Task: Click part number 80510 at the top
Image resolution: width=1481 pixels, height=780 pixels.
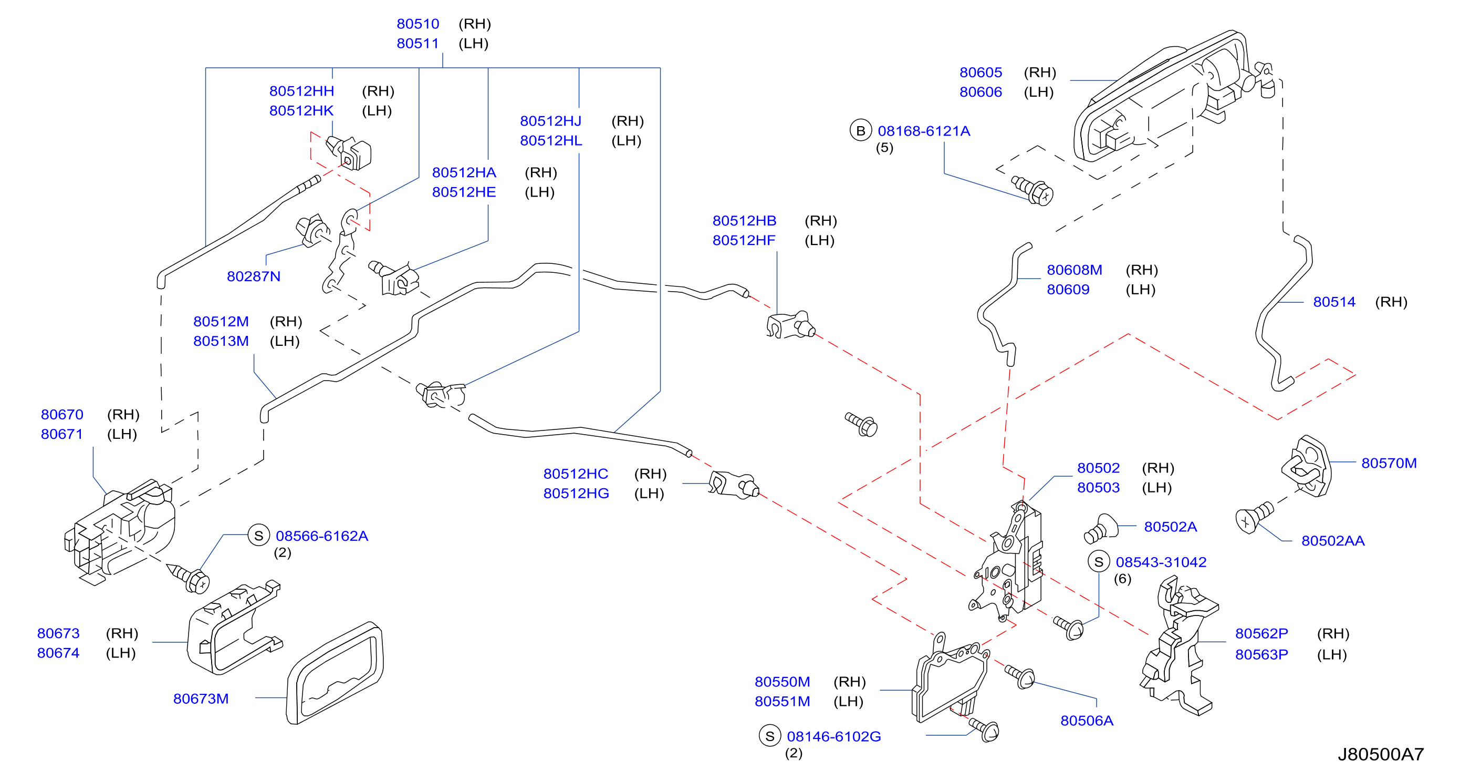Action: pyautogui.click(x=418, y=24)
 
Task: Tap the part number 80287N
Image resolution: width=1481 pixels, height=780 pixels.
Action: pyautogui.click(x=254, y=276)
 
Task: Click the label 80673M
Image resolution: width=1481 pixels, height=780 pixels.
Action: pyautogui.click(x=201, y=699)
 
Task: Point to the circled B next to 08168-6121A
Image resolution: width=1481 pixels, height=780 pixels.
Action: pyautogui.click(x=861, y=131)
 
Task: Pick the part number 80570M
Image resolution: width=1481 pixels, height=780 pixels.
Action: pyautogui.click(x=1389, y=463)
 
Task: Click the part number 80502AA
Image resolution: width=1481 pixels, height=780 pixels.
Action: pyautogui.click(x=1333, y=541)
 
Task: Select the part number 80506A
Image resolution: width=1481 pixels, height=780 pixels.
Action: pyautogui.click(x=1087, y=721)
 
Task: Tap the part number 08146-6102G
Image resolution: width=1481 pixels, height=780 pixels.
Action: pyautogui.click(x=833, y=736)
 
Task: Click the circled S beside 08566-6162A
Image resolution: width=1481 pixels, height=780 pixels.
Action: pyautogui.click(x=259, y=536)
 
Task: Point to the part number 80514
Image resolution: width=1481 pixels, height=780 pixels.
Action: pyautogui.click(x=1334, y=302)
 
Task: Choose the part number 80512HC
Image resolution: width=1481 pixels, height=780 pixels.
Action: pyautogui.click(x=576, y=474)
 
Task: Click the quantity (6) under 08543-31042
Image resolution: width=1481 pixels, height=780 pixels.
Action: pyautogui.click(x=1122, y=579)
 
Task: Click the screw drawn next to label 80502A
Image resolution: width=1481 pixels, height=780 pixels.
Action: pyautogui.click(x=1100, y=529)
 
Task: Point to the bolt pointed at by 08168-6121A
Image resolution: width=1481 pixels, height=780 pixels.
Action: pyautogui.click(x=1032, y=190)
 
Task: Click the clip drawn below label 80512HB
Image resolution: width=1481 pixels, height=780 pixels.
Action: pyautogui.click(x=790, y=325)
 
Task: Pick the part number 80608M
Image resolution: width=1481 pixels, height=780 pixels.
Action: pyautogui.click(x=1074, y=270)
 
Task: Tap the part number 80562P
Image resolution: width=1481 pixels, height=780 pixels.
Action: pyautogui.click(x=1261, y=633)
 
